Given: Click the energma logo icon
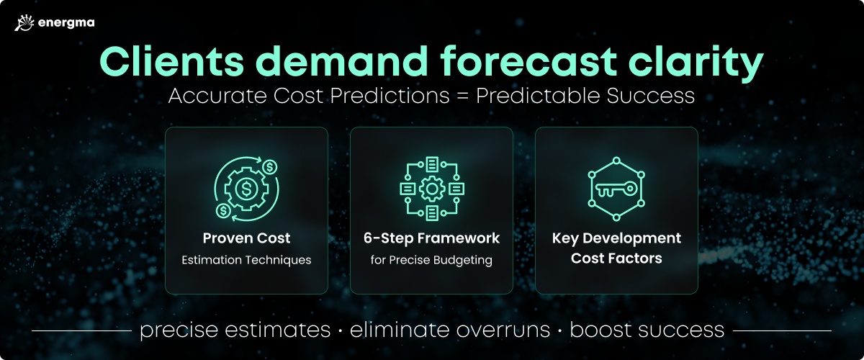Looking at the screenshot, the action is pos(24,23).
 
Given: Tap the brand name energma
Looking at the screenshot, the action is pos(66,23).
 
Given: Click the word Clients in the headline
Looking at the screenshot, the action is pos(172,61).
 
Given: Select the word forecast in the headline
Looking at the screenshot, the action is pos(528,61).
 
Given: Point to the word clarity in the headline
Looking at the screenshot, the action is pos(696,63).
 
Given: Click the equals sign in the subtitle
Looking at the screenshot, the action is pos(462,96).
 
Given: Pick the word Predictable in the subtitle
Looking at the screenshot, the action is pos(538,95).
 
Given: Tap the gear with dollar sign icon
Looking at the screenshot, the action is pos(246,189).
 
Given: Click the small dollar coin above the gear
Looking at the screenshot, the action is pos(269,167).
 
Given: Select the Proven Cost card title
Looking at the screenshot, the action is pos(246,238).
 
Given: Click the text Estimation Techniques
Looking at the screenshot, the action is pos(246,260).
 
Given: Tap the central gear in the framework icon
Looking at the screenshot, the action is pos(432,189).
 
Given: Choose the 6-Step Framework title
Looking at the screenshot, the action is pos(431,238).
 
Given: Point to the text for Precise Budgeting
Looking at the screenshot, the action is pos(431,260).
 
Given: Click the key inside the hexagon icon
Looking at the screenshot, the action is pos(616,189).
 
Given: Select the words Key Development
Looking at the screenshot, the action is pos(616,238).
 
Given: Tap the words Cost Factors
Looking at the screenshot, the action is pos(616,258).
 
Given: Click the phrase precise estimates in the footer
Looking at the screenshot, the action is pos(235,330).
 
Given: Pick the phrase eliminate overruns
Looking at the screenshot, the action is pos(450,330).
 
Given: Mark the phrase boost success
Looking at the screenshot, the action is pos(647,330).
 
